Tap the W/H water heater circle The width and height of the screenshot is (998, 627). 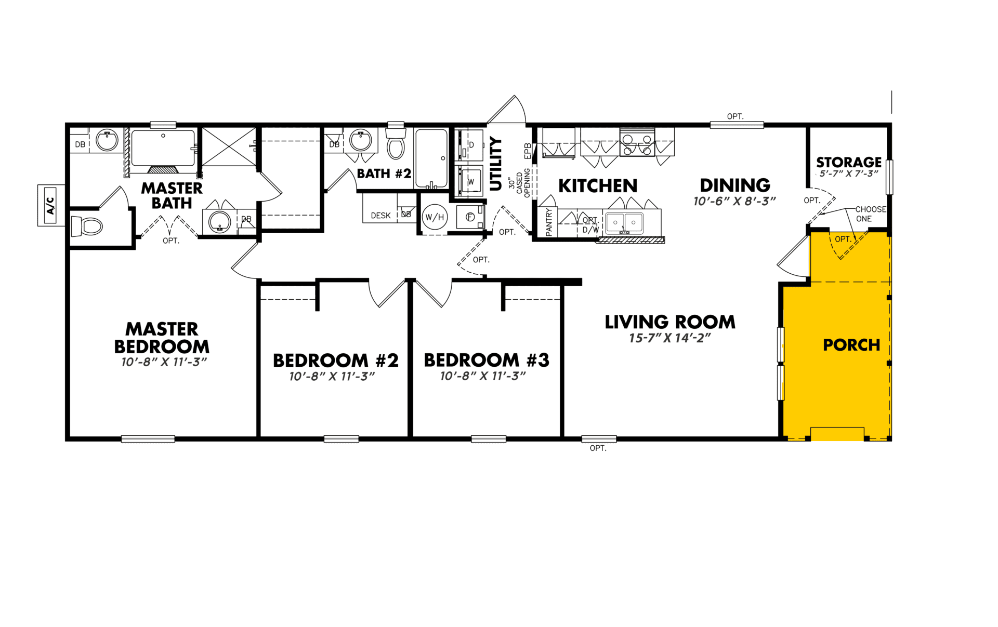point(435,217)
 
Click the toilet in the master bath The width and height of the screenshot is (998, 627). point(87,226)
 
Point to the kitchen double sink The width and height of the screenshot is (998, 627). point(625,223)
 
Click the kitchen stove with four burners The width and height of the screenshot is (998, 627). point(637,144)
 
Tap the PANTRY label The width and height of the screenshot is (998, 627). point(549,222)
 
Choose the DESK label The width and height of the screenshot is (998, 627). point(380,216)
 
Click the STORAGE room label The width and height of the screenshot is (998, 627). point(849,163)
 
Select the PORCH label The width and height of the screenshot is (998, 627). point(851,345)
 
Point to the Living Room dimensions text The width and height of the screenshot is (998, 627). point(669,338)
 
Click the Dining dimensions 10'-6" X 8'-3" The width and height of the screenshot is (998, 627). point(734,201)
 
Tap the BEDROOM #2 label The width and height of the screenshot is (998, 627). point(336,361)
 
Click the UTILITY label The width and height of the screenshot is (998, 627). point(496,164)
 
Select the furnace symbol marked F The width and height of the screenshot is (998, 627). point(470,217)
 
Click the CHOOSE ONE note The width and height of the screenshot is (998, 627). point(871,214)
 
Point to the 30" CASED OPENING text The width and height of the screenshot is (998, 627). point(519,182)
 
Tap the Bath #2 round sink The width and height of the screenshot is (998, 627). point(360,140)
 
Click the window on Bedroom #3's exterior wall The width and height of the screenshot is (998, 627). point(489,439)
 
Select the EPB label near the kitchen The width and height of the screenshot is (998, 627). point(528,151)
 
